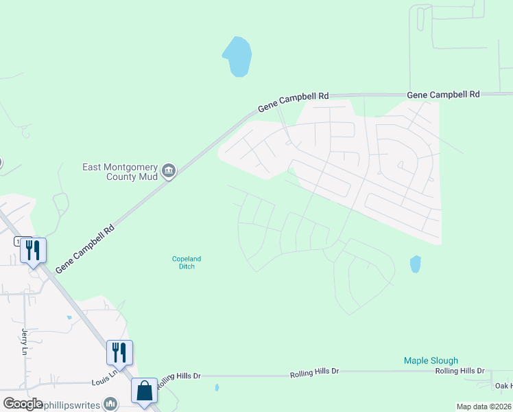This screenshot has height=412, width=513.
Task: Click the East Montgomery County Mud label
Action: click(x=120, y=172)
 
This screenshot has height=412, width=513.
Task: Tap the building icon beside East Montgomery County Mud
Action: click(x=169, y=170)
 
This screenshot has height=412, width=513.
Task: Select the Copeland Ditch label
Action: click(x=187, y=262)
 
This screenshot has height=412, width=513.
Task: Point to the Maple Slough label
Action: click(x=431, y=360)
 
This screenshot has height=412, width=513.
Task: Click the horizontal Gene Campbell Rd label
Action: click(x=443, y=94)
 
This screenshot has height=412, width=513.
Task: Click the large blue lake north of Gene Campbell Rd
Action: click(x=237, y=56)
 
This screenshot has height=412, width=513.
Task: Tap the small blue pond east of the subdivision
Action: click(x=415, y=264)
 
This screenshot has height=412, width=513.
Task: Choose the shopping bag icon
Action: click(x=145, y=391)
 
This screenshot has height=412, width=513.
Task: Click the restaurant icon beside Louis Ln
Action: click(x=119, y=353)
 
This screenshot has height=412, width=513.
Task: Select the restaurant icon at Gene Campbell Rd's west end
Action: click(x=33, y=251)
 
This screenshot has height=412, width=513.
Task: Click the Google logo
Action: click(x=23, y=404)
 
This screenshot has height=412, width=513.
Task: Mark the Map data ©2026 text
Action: click(x=484, y=407)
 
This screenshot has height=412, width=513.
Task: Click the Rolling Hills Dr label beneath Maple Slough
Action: click(x=460, y=371)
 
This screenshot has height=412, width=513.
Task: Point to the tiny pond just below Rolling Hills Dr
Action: click(x=217, y=388)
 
